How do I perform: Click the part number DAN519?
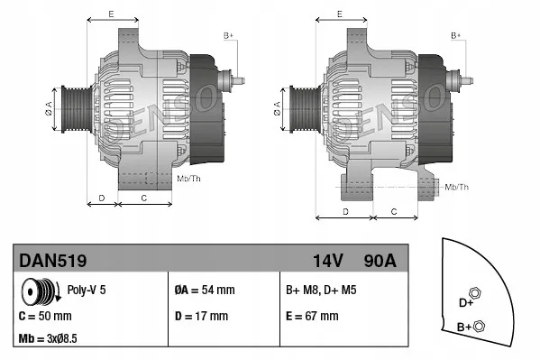pos(53,261)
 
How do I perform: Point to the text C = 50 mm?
pos(45,317)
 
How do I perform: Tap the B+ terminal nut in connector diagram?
pos(480,326)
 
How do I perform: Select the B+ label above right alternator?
pos(455,34)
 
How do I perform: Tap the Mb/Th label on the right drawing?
pos(457,187)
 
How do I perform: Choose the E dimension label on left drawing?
pos(111,14)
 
